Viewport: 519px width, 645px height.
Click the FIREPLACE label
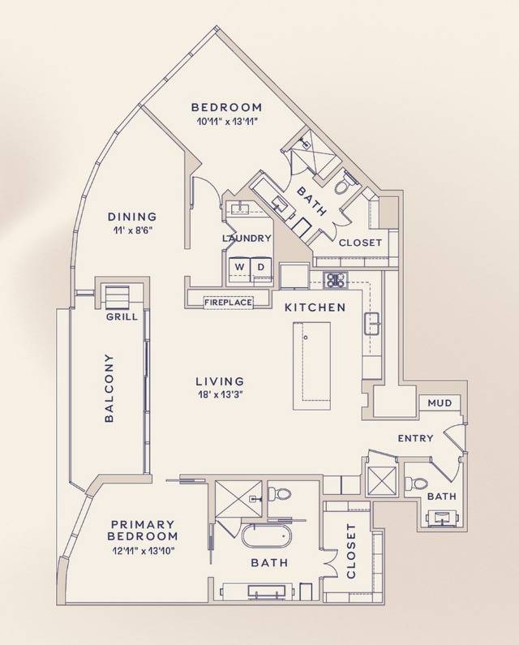pos(228,303)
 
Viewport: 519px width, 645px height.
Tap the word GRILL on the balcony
pos(122,317)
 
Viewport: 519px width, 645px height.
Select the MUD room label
pos(440,402)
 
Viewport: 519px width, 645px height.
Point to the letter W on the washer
pos(239,268)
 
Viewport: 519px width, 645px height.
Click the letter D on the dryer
pos(261,268)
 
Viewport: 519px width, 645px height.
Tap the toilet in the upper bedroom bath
pos(342,185)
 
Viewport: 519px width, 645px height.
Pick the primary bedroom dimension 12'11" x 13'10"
pos(142,551)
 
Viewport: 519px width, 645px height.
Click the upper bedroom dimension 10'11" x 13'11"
pos(226,122)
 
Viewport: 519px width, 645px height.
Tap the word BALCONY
pos(109,388)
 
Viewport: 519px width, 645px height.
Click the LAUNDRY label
pos(247,239)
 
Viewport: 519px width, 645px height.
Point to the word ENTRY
pos(415,438)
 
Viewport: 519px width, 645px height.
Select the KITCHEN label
pos(315,307)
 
